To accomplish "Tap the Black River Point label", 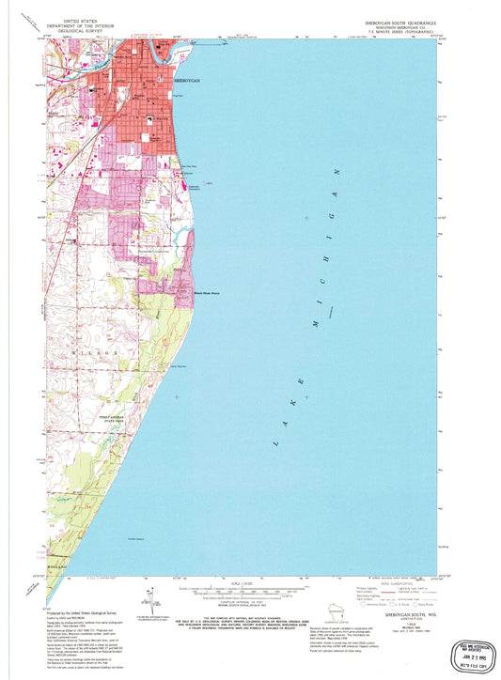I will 181,294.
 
